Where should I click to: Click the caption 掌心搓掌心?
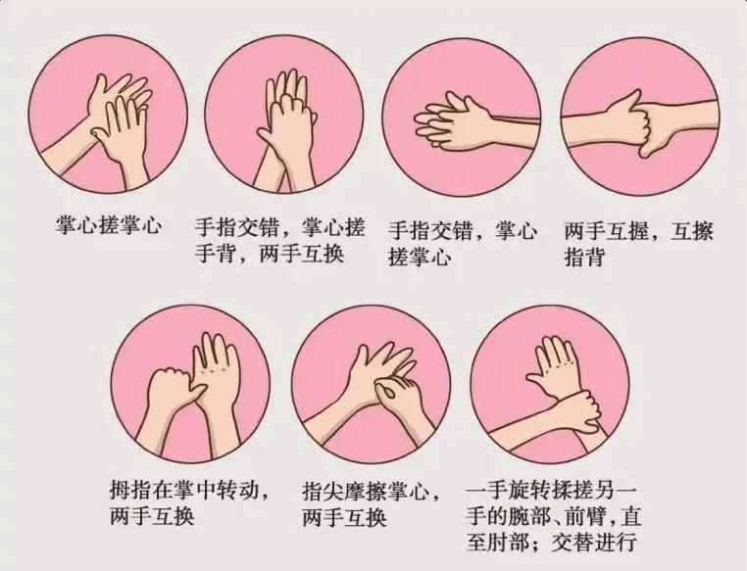click(x=109, y=225)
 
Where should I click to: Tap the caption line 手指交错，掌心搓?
click(x=279, y=227)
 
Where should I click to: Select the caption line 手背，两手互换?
click(x=270, y=254)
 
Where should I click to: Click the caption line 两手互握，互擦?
click(x=639, y=232)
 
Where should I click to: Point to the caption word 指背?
click(x=584, y=258)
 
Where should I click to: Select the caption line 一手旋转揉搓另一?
click(x=552, y=491)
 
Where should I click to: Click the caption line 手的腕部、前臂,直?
click(x=554, y=516)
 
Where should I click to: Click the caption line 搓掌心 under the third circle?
click(x=420, y=258)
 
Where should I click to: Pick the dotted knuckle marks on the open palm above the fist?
click(x=213, y=369)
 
